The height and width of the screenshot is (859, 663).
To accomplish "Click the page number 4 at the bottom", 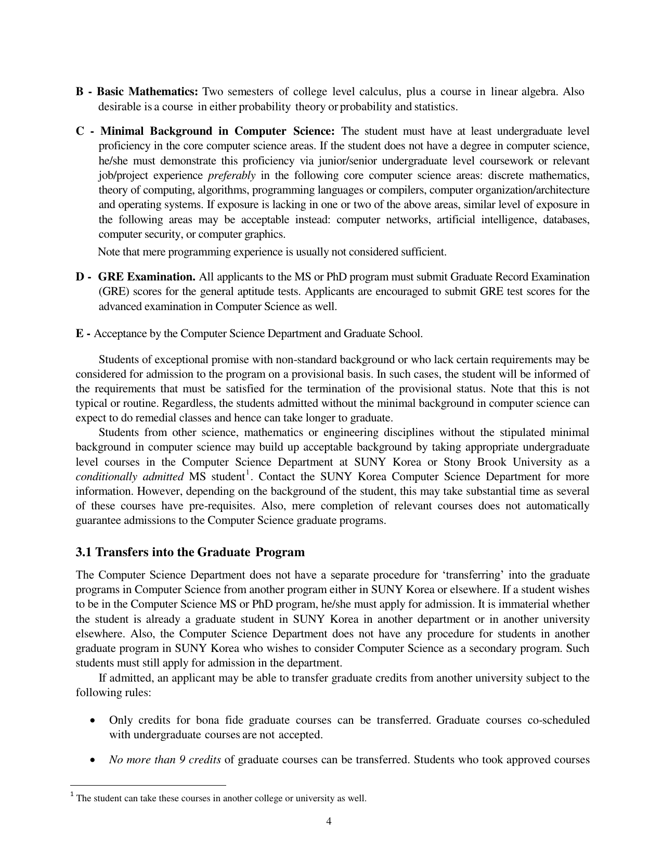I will pyautogui.click(x=329, y=822).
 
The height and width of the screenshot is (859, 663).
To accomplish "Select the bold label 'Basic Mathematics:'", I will pyautogui.click(x=148, y=92).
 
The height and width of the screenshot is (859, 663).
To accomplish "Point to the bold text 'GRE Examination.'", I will pyautogui.click(x=147, y=277).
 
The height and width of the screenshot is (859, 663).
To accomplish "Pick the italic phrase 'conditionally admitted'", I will pyautogui.click(x=129, y=477).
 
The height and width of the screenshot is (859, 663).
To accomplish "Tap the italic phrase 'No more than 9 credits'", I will pyautogui.click(x=165, y=760).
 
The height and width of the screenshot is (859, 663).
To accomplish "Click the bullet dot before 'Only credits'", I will pyautogui.click(x=93, y=721).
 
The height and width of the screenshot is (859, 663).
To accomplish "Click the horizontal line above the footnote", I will pyautogui.click(x=148, y=785).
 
